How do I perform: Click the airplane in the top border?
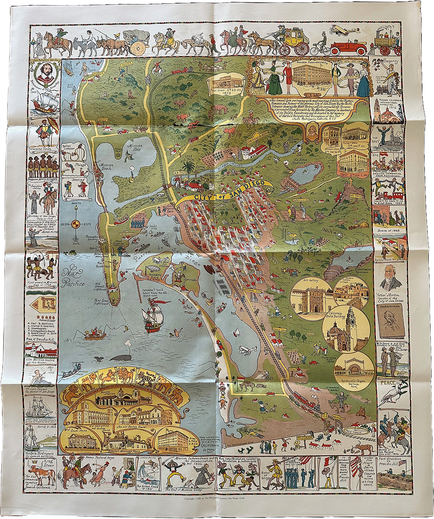(345, 30)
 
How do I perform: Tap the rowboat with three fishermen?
(94, 334)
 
